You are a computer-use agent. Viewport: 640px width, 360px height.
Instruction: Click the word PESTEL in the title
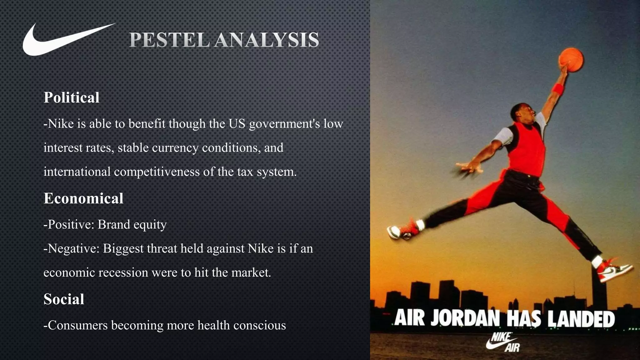coord(169,40)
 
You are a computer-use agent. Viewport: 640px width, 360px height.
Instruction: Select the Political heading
coord(72,97)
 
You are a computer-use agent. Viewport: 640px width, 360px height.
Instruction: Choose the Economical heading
coord(83,198)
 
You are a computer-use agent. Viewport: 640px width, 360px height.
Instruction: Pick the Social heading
coord(64,299)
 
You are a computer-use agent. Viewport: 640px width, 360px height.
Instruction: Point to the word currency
coord(175,148)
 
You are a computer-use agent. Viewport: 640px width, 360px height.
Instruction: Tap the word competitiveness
coord(157,172)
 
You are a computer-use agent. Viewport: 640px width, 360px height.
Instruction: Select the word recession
coord(123,273)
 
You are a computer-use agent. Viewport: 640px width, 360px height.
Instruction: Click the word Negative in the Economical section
coord(73,249)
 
